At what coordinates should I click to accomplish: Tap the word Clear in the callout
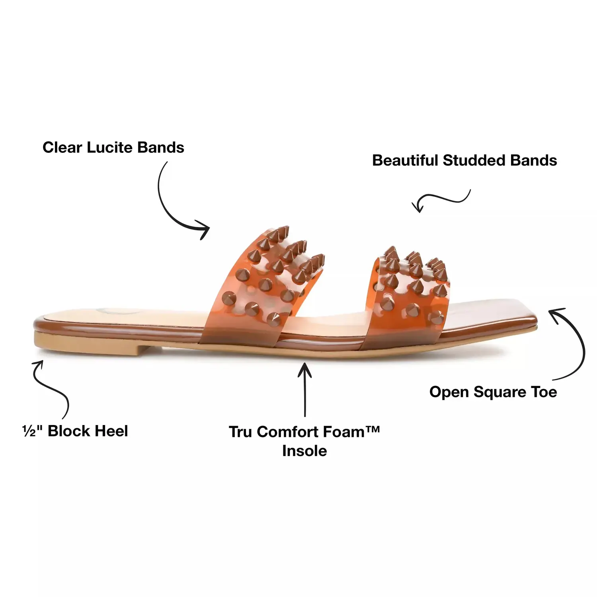tap(62, 148)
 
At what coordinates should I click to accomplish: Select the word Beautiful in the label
tap(405, 160)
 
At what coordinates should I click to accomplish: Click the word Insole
tap(304, 451)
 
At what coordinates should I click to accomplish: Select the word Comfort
tap(291, 432)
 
